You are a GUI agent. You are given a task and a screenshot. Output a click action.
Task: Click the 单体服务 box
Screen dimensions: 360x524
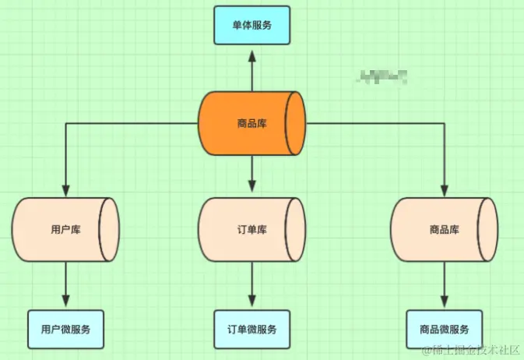tap(251, 25)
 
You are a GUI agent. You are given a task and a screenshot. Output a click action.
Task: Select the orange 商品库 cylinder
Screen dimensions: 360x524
tap(251, 123)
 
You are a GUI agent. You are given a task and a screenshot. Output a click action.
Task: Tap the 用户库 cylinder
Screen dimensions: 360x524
tap(65, 230)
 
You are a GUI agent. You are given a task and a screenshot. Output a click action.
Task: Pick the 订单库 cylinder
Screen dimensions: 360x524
tap(251, 230)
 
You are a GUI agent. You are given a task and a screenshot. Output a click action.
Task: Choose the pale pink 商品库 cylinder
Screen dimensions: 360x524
tap(443, 230)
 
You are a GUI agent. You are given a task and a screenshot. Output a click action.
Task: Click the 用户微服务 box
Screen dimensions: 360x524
tap(65, 329)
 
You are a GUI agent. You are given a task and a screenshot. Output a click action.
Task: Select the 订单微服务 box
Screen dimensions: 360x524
tap(251, 329)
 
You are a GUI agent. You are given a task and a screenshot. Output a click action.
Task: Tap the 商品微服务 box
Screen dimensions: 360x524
tap(444, 329)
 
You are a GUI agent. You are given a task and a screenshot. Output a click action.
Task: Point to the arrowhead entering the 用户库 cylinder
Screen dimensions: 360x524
tap(65, 189)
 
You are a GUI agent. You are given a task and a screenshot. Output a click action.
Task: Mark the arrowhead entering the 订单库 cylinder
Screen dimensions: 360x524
tap(251, 185)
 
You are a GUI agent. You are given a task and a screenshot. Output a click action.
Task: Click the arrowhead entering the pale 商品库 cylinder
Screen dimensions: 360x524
tap(444, 189)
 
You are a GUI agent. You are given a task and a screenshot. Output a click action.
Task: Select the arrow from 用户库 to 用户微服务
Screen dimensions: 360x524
tap(65, 285)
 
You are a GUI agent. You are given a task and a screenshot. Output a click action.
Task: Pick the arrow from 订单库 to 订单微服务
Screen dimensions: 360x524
tap(251, 285)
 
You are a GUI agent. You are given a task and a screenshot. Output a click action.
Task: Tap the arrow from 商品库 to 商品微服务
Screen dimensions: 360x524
tap(444, 285)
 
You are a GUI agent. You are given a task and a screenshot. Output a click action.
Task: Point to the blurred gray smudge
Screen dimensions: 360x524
tap(382, 76)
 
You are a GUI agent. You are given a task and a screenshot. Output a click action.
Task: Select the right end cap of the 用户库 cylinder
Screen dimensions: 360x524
tap(110, 230)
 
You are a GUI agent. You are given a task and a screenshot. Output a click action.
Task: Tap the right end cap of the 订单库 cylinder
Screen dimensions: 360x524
tap(295, 230)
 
